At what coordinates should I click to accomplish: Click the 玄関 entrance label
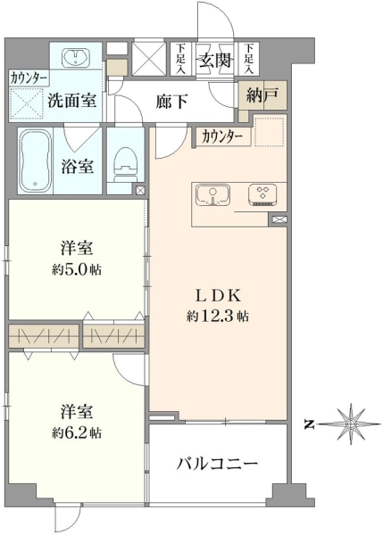(x=215, y=61)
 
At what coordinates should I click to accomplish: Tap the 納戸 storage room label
(x=262, y=95)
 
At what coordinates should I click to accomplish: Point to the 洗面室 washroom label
(x=72, y=100)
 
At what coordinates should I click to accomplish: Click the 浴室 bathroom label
(x=77, y=167)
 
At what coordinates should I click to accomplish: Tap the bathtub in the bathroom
(x=36, y=161)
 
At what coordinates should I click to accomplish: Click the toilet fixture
(x=125, y=165)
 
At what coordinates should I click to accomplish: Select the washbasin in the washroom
(x=76, y=57)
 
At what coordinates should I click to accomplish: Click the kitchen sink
(x=213, y=195)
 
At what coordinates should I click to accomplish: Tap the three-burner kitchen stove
(x=262, y=195)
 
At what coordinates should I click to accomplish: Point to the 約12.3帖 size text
(x=218, y=317)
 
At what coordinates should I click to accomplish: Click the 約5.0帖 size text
(x=77, y=270)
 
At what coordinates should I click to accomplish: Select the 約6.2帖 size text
(x=77, y=433)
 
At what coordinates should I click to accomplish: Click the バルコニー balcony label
(x=217, y=464)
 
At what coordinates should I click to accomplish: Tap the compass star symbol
(x=351, y=424)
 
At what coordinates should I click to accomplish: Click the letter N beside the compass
(x=310, y=424)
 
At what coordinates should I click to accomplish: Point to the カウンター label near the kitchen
(x=222, y=137)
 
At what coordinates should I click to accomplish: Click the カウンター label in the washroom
(x=29, y=78)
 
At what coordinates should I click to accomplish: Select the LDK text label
(x=218, y=295)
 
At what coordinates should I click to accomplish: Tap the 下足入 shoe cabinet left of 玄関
(x=181, y=59)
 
